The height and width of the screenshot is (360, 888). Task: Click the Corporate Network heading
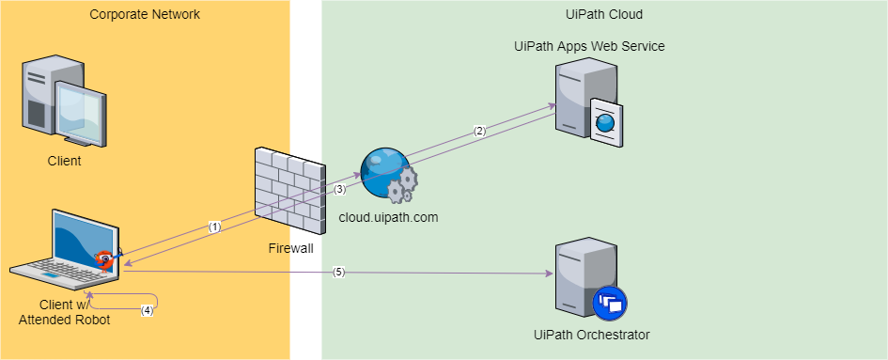[145, 14]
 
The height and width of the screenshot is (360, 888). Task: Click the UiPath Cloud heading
[603, 14]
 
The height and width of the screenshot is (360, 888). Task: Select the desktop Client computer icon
[64, 102]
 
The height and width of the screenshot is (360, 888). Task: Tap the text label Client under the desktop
[64, 161]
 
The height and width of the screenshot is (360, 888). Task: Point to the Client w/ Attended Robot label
[64, 312]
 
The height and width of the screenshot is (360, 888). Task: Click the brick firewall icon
[288, 187]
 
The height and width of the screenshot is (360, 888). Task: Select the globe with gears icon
[388, 175]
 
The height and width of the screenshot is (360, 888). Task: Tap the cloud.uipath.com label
[388, 217]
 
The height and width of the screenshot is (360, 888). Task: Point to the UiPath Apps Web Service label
[590, 46]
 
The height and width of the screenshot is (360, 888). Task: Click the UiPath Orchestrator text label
[591, 335]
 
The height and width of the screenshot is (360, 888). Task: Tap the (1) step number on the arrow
[214, 227]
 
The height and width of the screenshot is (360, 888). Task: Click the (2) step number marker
[479, 131]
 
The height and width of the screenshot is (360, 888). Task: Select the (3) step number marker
[340, 189]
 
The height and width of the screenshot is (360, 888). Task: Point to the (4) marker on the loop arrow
[147, 309]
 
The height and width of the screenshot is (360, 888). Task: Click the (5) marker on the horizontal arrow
[339, 273]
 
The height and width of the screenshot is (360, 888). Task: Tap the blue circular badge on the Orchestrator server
[610, 303]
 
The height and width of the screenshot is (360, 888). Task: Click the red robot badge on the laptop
[106, 258]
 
